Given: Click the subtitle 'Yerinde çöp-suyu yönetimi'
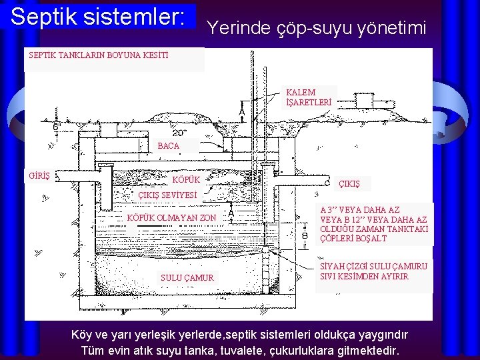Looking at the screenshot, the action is point(317,27).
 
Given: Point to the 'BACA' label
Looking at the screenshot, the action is point(169,145).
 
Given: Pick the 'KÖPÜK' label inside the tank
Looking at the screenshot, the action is point(186,180).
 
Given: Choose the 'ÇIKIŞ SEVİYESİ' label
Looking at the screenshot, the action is point(167,195).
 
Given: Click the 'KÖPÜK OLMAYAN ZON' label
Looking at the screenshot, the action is point(171,218).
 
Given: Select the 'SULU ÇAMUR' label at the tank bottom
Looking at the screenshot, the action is point(187,277).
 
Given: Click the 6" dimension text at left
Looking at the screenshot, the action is point(57,126).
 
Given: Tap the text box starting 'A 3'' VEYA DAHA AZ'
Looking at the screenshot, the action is point(373,223).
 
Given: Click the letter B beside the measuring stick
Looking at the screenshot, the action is point(305,235).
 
